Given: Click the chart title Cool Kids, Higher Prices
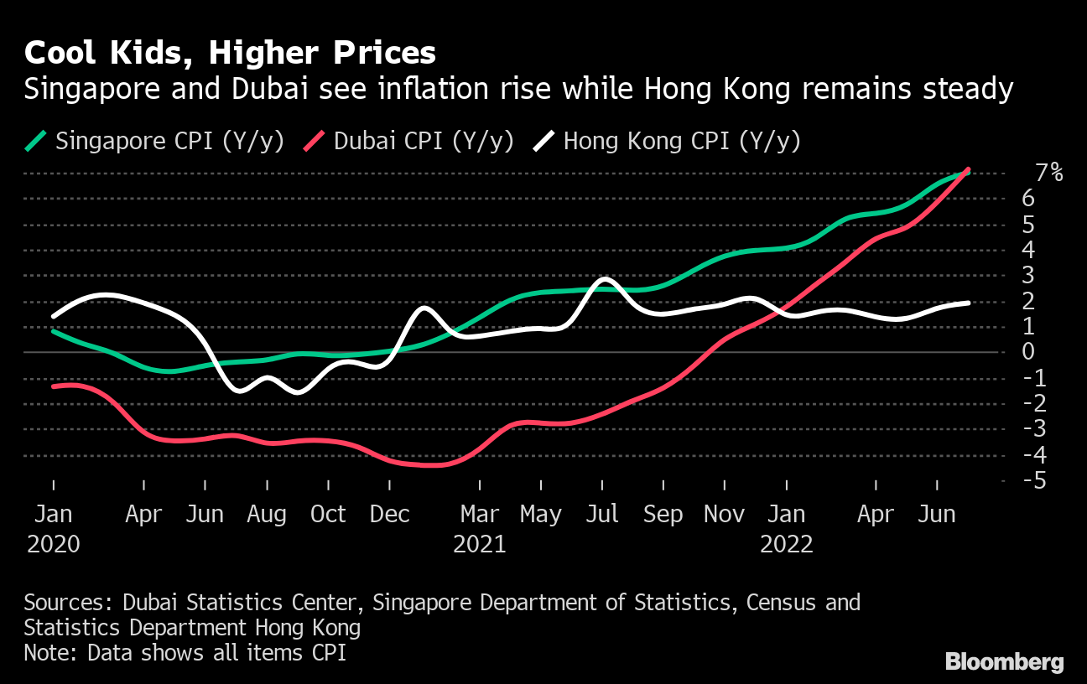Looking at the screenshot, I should coord(230,53).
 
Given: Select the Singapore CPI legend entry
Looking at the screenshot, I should coord(155,141).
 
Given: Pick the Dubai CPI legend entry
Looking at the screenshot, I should coord(409,141).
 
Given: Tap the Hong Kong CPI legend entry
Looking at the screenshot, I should coord(668,141).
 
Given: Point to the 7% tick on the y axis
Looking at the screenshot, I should coord(1048,174).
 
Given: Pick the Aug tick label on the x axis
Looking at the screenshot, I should coord(267,514).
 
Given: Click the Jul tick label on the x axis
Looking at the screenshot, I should coord(602,514).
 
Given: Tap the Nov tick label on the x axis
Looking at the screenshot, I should coord(725,514).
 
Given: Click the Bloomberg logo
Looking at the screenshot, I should coord(1004,661).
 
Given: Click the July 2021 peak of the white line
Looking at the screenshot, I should coord(604,278).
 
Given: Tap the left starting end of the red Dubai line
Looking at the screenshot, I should coord(54,386).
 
